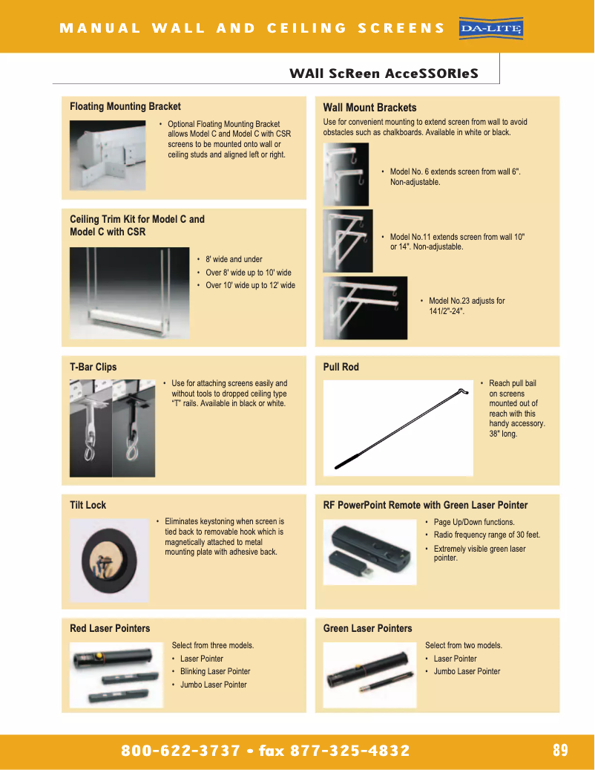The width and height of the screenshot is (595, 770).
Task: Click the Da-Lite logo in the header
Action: coord(491,28)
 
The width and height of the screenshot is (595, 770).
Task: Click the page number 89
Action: coord(560,750)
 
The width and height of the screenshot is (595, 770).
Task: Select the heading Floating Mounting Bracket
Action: coord(125,107)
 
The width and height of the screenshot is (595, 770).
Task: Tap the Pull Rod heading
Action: coord(341,367)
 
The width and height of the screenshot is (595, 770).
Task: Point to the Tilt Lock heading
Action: coord(88,505)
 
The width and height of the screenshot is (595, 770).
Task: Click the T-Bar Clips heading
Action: coord(93,367)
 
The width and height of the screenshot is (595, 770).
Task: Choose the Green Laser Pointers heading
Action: coord(367,628)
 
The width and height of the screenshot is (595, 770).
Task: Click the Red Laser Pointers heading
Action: coord(110,628)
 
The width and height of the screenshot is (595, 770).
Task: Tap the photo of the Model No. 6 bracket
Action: coord(346,174)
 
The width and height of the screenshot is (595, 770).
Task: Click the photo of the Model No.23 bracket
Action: coord(365,308)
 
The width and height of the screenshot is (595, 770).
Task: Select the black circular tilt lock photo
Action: coord(109,561)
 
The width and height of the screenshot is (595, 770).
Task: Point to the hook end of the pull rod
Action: coord(462,391)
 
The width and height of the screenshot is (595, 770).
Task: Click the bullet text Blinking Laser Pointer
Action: coord(215,671)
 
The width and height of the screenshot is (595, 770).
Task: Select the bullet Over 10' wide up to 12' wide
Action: coord(250,285)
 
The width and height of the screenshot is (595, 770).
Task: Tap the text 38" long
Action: coord(503,434)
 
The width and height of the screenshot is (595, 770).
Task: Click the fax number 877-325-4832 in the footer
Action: coord(349,751)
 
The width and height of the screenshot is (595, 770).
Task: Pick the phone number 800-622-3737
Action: coord(180,751)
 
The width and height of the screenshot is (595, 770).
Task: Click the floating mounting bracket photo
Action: coord(108,155)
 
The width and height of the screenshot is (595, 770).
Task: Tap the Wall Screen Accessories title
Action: coord(384,74)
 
